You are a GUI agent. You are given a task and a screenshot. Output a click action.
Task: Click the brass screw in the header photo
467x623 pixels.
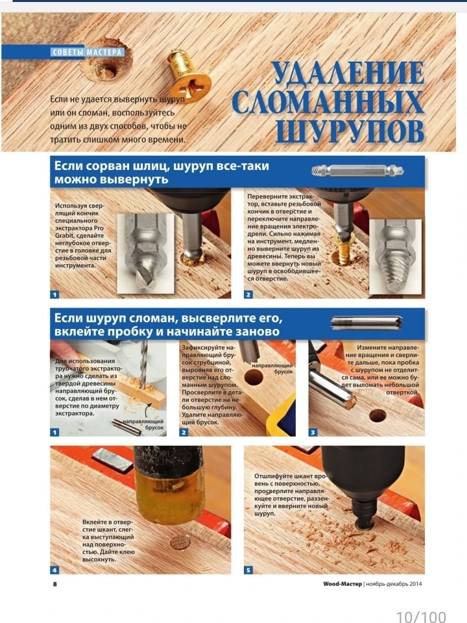188,75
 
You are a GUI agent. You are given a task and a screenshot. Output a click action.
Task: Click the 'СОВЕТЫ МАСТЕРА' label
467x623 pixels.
87,52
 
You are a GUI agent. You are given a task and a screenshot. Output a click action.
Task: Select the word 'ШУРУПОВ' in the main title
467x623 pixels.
350,130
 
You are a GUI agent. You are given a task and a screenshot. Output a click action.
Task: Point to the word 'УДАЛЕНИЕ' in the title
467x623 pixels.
348,73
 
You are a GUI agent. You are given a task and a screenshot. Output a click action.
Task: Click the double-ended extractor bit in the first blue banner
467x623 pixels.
358,171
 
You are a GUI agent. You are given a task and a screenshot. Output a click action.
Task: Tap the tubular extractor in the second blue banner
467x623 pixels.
366,323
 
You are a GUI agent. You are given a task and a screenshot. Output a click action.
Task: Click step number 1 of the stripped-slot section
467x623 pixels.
54,295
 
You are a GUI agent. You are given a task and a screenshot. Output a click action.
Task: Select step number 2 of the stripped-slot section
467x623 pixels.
248,295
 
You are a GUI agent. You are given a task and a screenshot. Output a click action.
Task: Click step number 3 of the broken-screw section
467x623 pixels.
313,432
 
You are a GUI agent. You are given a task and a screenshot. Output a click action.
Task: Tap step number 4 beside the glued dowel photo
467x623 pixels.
54,570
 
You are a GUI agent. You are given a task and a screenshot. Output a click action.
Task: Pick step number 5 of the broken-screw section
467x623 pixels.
248,570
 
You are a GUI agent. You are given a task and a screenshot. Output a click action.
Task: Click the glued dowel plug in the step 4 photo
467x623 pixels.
179,542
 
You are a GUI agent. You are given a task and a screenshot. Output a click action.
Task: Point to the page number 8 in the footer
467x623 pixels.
54,584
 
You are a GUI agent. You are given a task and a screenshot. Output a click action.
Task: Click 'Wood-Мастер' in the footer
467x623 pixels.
342,584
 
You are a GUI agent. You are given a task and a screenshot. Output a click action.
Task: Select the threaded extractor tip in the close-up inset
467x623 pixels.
396,271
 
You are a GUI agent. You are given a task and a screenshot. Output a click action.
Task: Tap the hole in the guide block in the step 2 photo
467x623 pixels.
254,378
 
